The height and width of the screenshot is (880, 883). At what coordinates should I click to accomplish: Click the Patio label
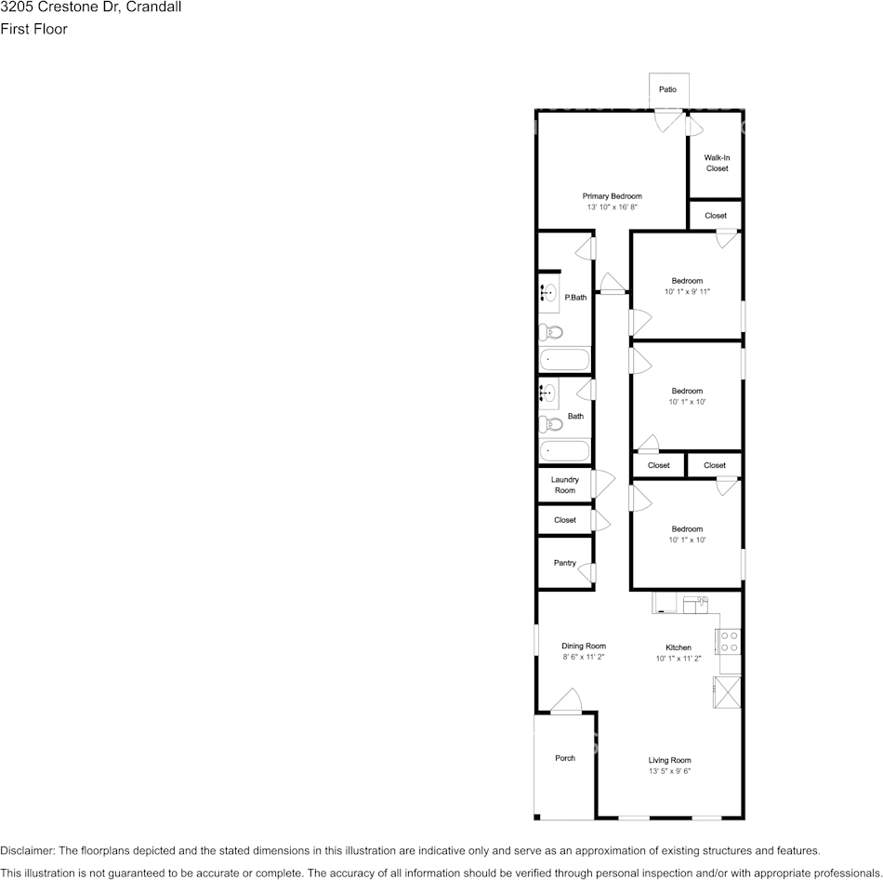tap(667, 89)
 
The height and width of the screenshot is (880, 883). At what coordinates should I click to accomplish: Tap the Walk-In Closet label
tap(717, 163)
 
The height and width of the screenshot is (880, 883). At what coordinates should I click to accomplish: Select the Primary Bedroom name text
tap(612, 196)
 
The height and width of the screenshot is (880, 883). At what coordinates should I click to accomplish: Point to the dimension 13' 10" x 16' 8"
tap(612, 207)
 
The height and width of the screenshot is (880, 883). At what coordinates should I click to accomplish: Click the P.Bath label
tap(575, 298)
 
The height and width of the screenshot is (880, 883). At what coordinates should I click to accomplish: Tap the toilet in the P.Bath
tap(551, 331)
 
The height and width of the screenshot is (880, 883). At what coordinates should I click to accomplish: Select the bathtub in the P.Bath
tap(564, 359)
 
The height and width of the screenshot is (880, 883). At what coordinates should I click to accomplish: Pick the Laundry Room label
tap(565, 485)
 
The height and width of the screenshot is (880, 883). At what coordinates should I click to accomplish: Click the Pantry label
tap(565, 563)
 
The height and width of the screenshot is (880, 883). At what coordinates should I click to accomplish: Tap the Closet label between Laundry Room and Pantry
tap(565, 520)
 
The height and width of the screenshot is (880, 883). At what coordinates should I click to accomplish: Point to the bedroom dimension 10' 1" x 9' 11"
tap(687, 291)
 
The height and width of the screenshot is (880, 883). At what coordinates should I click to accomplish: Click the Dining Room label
tap(584, 647)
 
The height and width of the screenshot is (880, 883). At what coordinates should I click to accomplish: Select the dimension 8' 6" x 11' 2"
tap(584, 658)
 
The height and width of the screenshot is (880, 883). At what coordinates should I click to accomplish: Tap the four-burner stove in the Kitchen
tap(730, 640)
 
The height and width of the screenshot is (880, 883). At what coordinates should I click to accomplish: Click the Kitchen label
tap(678, 647)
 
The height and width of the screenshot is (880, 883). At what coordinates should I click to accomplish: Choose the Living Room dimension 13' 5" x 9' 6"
tap(669, 771)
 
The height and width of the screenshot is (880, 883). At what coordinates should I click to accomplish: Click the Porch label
tap(565, 758)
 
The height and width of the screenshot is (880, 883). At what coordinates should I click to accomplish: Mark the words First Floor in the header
tap(33, 29)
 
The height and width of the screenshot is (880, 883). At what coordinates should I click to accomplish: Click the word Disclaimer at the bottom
tap(27, 850)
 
